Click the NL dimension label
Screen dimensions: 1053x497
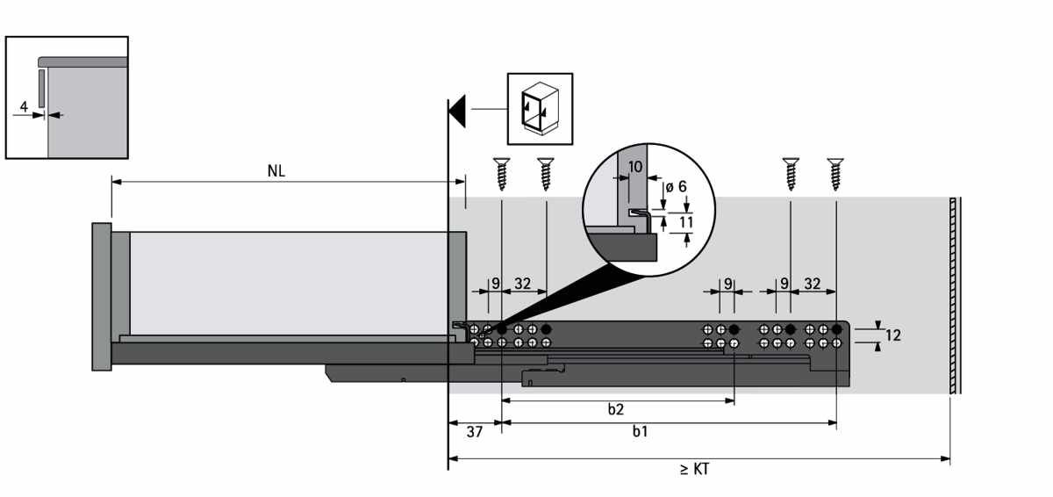[276, 170]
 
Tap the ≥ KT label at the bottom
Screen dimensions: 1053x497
[694, 469]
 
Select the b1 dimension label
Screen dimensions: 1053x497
[641, 431]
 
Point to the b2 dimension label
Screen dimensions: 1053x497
[615, 409]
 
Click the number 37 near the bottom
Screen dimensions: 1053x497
[475, 432]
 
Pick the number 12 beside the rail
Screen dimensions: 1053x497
[892, 335]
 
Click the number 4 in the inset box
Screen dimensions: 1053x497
[24, 107]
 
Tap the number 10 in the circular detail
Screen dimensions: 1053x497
[635, 167]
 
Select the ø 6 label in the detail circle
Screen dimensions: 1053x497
[676, 187]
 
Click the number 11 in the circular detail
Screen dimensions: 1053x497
[686, 221]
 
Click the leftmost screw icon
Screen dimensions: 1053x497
[502, 174]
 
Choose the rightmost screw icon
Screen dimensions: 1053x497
[835, 174]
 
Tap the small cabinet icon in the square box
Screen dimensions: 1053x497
[540, 109]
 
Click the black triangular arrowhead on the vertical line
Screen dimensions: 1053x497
[457, 111]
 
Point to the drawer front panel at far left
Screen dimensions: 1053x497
[102, 297]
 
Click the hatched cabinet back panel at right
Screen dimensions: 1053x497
[953, 296]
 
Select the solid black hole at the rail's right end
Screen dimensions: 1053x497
[836, 329]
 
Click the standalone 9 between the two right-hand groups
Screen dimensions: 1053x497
[727, 284]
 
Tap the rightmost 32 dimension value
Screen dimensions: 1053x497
[813, 284]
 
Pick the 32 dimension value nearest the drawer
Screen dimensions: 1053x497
[522, 284]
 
